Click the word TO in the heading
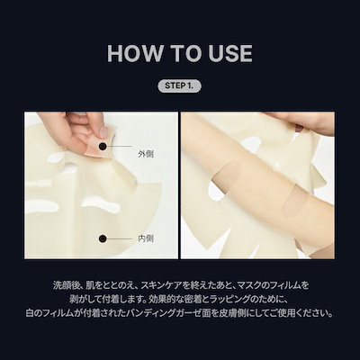[x=184, y=53]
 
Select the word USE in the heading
[x=229, y=53]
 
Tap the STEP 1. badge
[x=179, y=85]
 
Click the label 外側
[x=146, y=154]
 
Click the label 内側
[x=146, y=238]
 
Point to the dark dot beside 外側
[x=103, y=146]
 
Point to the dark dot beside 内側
[x=103, y=238]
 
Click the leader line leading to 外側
[x=120, y=146]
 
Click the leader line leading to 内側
[x=120, y=238]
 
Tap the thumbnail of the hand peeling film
[x=101, y=185]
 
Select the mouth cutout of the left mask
[x=101, y=204]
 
